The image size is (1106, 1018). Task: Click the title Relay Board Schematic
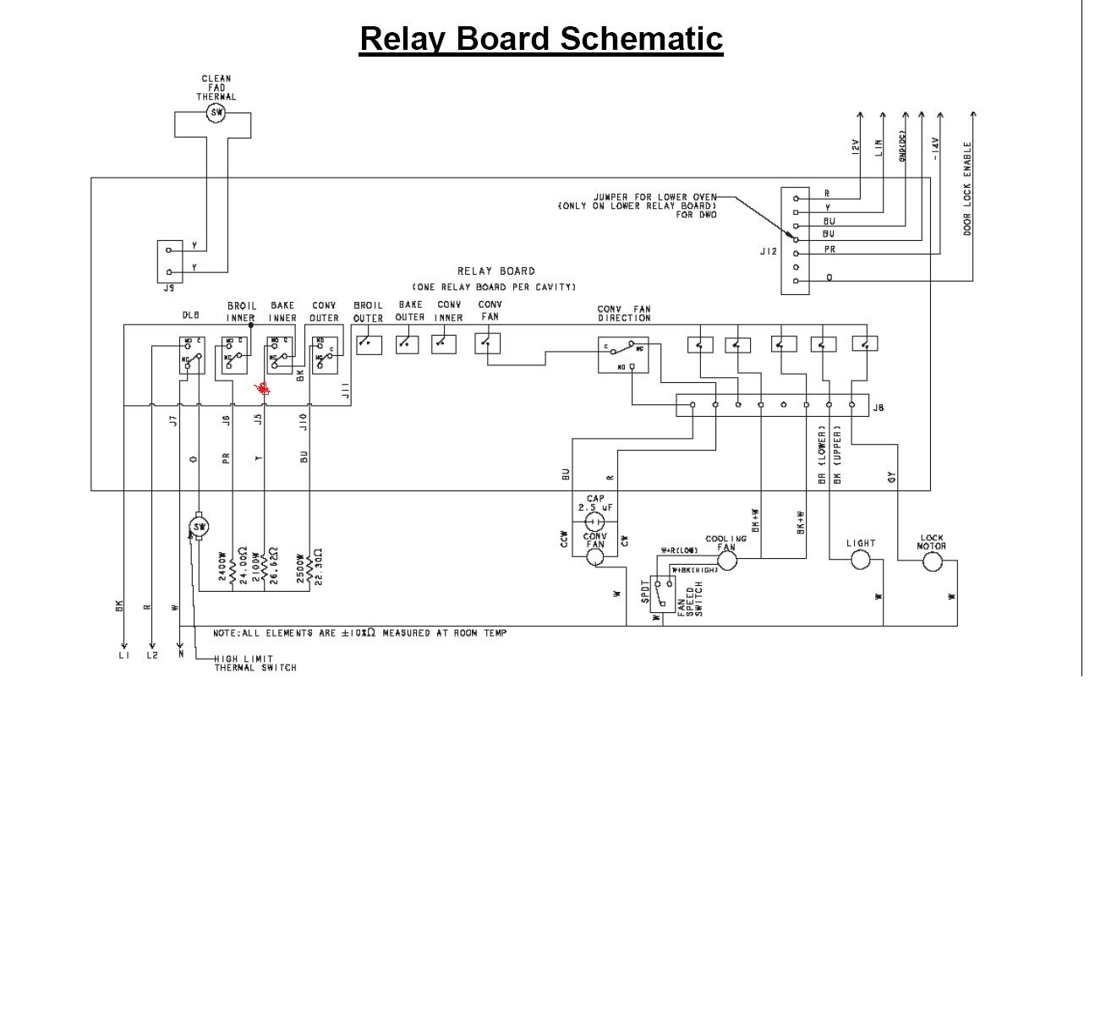point(541,39)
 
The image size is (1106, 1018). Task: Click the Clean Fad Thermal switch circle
point(216,112)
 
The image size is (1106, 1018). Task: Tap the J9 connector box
point(169,260)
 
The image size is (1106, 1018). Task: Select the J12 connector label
point(768,251)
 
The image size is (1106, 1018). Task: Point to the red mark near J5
point(263,388)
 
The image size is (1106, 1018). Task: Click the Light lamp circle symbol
point(860,560)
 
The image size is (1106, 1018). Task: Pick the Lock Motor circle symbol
point(932,561)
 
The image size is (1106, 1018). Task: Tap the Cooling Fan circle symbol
point(726,561)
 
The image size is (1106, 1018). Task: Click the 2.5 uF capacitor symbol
point(595,523)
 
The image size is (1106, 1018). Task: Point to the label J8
point(879,408)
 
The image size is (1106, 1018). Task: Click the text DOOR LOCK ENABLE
point(967,189)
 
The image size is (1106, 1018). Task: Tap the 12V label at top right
point(855,147)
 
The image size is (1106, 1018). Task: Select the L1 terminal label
point(123,655)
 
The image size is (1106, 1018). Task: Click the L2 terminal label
point(151,655)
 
